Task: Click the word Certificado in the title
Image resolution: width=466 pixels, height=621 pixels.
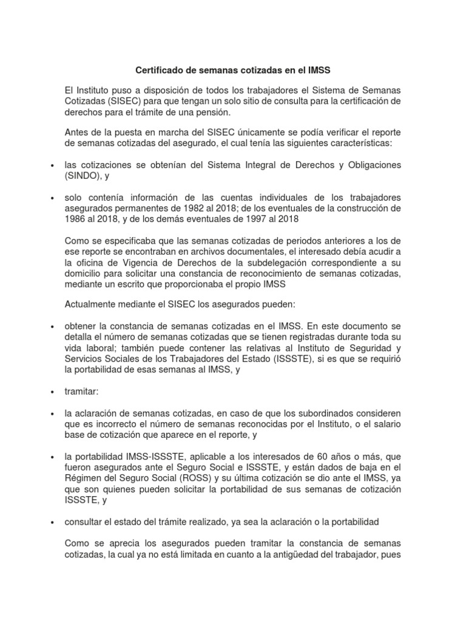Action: coord(160,71)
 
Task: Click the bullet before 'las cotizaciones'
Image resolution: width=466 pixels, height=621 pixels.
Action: coord(53,166)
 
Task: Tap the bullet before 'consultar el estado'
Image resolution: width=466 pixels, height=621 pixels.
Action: coord(53,522)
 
